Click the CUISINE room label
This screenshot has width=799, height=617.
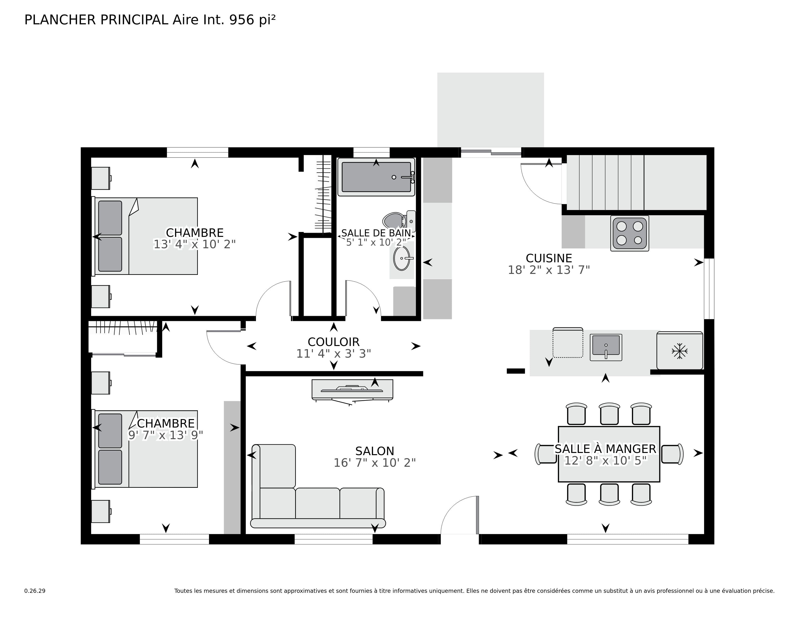548,258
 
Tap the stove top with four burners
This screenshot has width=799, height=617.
629,233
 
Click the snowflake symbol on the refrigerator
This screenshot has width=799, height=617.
679,351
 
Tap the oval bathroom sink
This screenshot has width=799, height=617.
401,258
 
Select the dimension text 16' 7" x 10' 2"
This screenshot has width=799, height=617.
374,463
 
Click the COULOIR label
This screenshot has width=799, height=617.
333,342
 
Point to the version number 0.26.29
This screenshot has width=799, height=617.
35,591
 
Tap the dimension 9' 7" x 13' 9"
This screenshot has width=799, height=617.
165,435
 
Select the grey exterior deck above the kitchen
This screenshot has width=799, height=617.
490,110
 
